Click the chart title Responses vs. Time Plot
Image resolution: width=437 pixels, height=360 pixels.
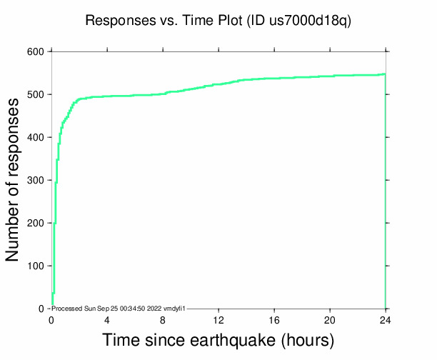pyautogui.click(x=164, y=21)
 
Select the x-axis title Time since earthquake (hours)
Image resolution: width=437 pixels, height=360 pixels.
pyautogui.click(x=218, y=339)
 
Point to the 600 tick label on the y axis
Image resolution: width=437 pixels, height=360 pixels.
pyautogui.click(x=36, y=51)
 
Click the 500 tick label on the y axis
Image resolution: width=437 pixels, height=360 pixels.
pyautogui.click(x=36, y=94)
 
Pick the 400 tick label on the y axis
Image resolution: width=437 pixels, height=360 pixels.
pyautogui.click(x=36, y=137)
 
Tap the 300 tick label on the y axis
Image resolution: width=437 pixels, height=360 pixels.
pyautogui.click(x=36, y=180)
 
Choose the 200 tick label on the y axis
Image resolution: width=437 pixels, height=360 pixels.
pyautogui.click(x=36, y=223)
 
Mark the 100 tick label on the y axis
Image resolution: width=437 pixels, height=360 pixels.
pyautogui.click(x=36, y=266)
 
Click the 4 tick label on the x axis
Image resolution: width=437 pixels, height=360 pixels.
pyautogui.click(x=107, y=319)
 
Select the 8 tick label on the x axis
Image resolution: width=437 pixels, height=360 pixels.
pyautogui.click(x=163, y=319)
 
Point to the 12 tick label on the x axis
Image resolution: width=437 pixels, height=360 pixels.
pyautogui.click(x=218, y=319)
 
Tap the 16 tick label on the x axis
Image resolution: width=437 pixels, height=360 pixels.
pyautogui.click(x=274, y=319)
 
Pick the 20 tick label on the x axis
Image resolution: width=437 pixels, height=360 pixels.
pyautogui.click(x=330, y=319)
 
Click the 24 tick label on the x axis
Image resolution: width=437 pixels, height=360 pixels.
pyautogui.click(x=386, y=319)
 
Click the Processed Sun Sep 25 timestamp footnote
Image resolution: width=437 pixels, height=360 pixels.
pyautogui.click(x=119, y=308)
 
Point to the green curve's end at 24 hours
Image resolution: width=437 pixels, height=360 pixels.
pyautogui.click(x=385, y=74)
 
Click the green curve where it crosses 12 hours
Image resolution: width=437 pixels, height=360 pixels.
pyautogui.click(x=218, y=84)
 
